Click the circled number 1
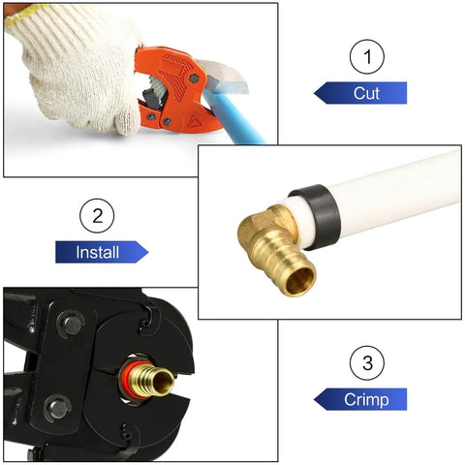click(x=366, y=57)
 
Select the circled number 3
click(x=366, y=364)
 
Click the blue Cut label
click(x=362, y=93)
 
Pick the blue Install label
click(x=101, y=253)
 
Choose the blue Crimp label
click(x=362, y=399)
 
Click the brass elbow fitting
click(x=271, y=243)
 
